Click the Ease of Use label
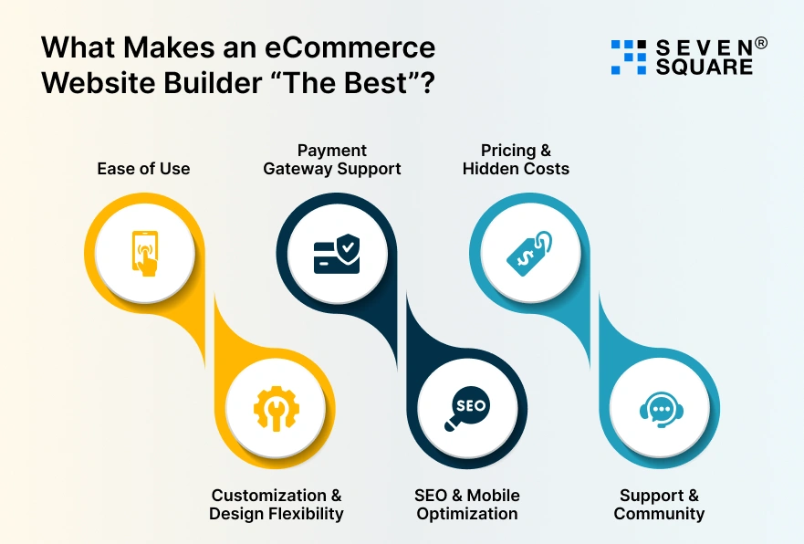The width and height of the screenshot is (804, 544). pos(143,168)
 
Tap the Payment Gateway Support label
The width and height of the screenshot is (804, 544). pos(332,159)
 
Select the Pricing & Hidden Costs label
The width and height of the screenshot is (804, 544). pos(516,159)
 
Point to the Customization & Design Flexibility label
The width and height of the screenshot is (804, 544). pos(276,504)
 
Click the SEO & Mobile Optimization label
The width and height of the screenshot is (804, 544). pos(467,504)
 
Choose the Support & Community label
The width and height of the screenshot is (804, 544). pos(659,504)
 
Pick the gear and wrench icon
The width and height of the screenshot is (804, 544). pos(276,408)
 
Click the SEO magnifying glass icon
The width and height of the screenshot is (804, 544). pos(467,408)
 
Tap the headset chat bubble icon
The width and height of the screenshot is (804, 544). pos(659,408)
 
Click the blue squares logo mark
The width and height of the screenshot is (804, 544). pos(628,57)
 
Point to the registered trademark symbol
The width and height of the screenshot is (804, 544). pos(760,43)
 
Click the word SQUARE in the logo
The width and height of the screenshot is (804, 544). pos(704,67)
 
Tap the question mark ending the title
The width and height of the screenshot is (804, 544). pos(424,81)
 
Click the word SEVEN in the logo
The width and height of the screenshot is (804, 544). pos(704,46)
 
